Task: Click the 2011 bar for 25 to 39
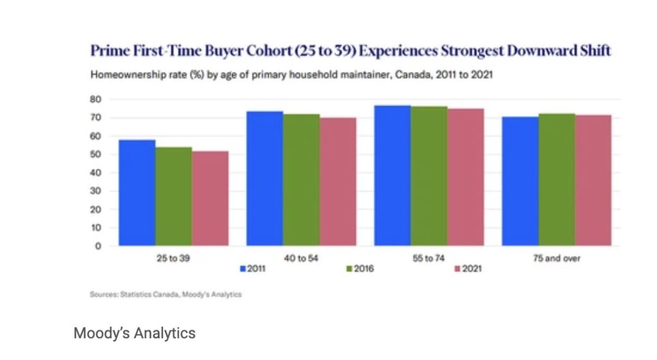coord(137,193)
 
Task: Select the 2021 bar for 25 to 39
coord(210,198)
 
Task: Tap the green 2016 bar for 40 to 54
coord(301,180)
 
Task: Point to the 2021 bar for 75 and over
coord(593,180)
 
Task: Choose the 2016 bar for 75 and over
coord(556,180)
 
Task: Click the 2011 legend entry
coord(252,269)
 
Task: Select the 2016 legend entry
coord(360,269)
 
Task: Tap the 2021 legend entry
coord(467,269)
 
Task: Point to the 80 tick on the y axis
coord(96,99)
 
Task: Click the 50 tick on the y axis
coord(96,155)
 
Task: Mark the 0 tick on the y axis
coord(98,246)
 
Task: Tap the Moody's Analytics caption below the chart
coord(134,334)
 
